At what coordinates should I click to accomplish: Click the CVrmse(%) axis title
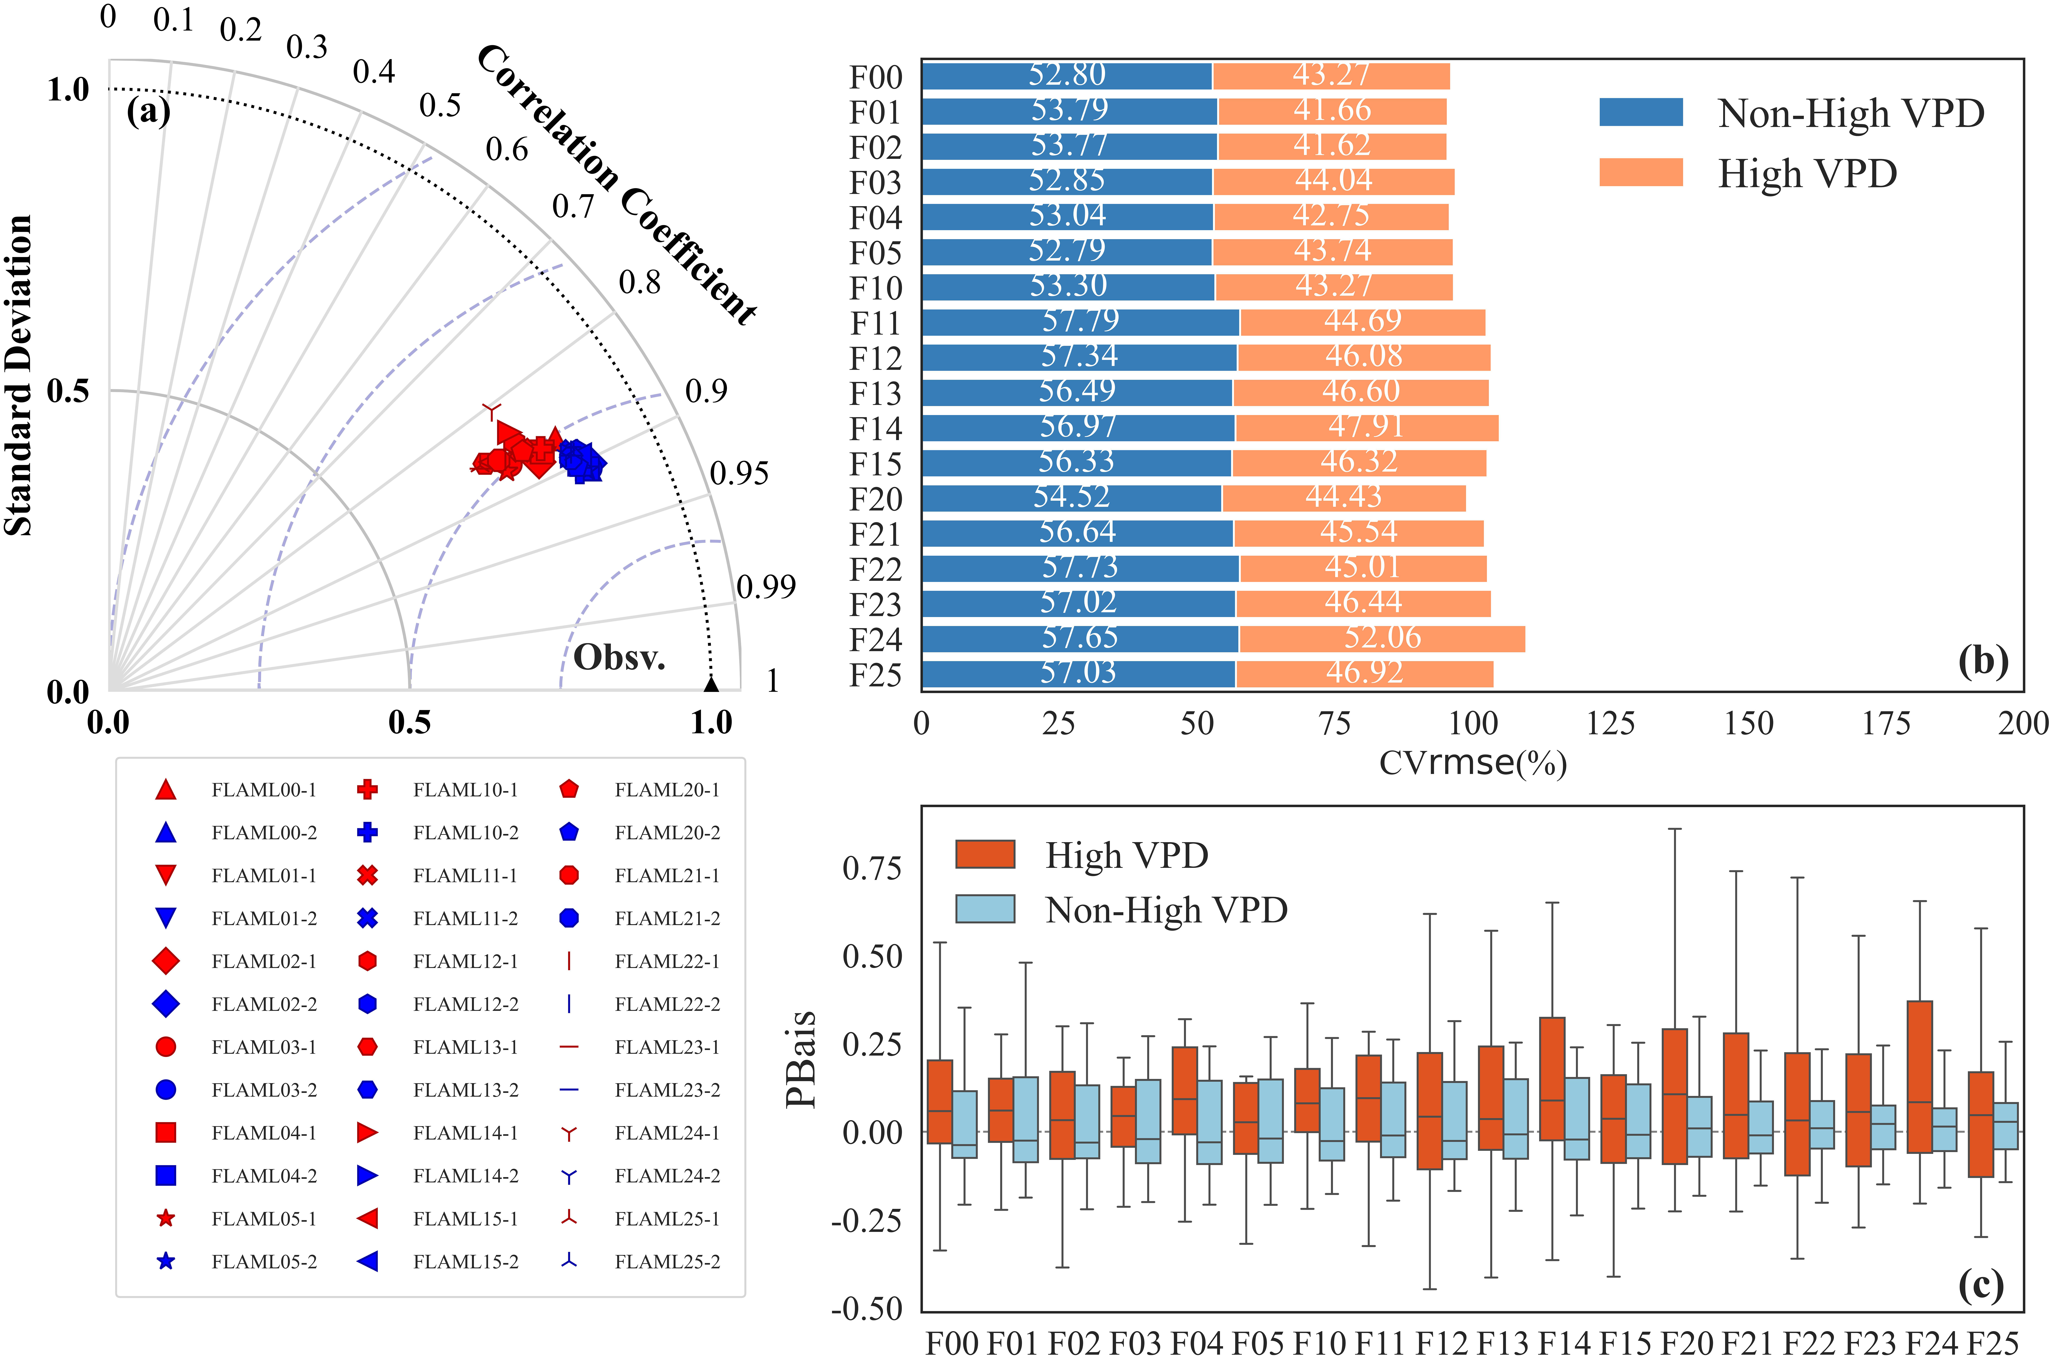tap(1473, 763)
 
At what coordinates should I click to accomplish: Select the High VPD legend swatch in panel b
tap(1640, 172)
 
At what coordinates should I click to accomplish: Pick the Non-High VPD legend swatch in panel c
tap(985, 908)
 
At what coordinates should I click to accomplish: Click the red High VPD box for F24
tap(1919, 1076)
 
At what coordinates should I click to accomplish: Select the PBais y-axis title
tap(801, 1059)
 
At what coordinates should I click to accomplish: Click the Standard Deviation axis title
tap(18, 375)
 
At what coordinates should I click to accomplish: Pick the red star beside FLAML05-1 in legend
tap(166, 1219)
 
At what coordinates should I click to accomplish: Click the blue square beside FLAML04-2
tap(166, 1175)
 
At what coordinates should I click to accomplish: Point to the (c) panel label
tap(1981, 1285)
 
